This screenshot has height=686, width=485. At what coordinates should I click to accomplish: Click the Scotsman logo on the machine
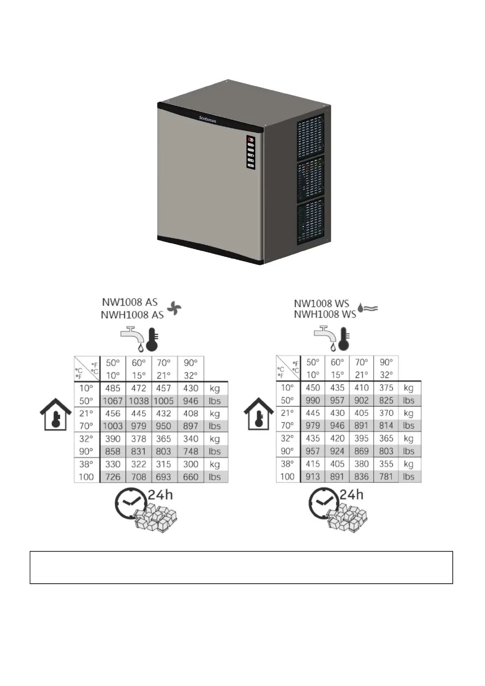(x=207, y=119)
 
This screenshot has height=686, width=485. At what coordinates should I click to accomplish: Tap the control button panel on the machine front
(x=251, y=152)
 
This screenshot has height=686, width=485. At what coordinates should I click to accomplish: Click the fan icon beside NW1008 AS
(x=174, y=308)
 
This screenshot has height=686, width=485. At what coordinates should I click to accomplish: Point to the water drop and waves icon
(x=368, y=308)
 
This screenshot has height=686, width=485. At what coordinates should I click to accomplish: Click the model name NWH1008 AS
(x=132, y=315)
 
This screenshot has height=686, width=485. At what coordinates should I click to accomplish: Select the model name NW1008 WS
(x=322, y=303)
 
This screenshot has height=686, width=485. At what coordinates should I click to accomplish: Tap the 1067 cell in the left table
(x=112, y=401)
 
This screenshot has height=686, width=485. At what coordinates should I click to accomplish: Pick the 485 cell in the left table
(x=112, y=388)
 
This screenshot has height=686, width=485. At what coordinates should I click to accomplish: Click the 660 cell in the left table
(x=190, y=477)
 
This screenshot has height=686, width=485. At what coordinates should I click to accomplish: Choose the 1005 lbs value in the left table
(x=163, y=401)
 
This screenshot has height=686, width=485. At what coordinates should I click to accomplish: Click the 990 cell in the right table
(x=313, y=400)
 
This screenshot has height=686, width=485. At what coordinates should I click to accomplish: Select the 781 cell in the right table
(x=386, y=476)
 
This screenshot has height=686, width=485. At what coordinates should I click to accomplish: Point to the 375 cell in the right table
(x=386, y=388)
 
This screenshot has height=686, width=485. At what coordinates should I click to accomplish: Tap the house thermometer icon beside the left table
(x=55, y=415)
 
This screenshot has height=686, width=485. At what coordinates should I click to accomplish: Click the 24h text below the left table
(x=160, y=495)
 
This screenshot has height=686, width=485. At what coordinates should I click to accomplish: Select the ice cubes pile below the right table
(x=347, y=518)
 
